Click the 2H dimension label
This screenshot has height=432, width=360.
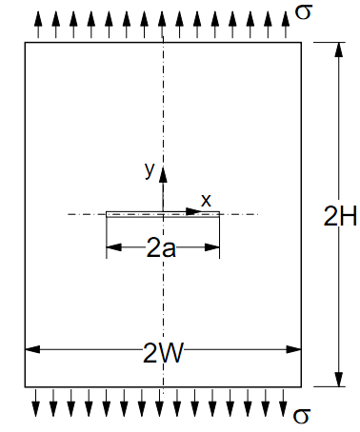coord(340,217)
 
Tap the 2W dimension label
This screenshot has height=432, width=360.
coord(164,353)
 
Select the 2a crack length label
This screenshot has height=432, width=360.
coord(162,249)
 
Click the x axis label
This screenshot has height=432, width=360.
coord(205,200)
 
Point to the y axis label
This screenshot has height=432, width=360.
coord(149,169)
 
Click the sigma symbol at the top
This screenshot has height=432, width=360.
coord(304,10)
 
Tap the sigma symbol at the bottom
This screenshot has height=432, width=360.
coord(303,415)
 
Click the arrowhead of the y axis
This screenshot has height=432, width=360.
coord(163,172)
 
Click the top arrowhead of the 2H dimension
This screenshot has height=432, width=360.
coord(339,49)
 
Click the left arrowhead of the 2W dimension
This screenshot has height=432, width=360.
coord(30,350)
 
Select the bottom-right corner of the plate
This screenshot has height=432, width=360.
coord(302,387)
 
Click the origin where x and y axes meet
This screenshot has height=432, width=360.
coord(163,214)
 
